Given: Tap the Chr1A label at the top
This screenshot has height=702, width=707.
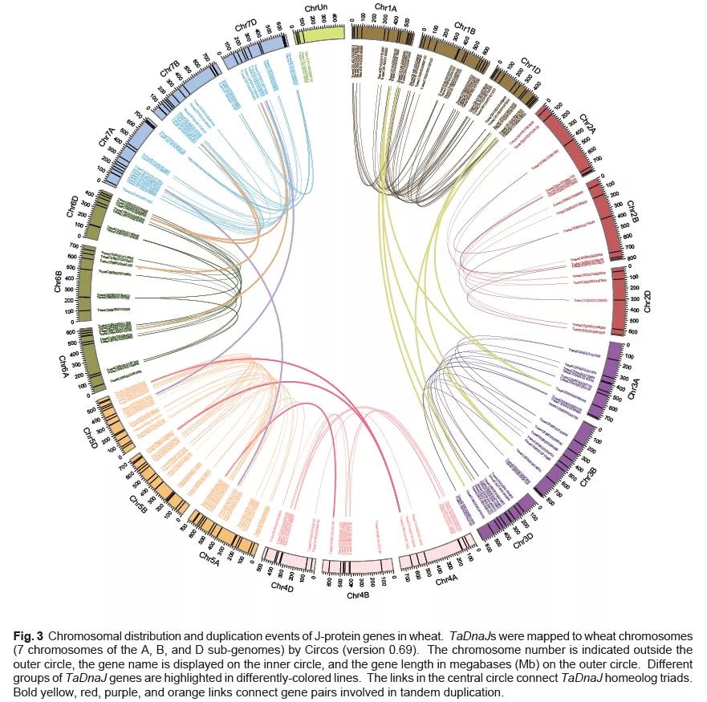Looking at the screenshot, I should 385,8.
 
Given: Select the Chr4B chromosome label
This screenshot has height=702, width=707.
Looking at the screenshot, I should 357,596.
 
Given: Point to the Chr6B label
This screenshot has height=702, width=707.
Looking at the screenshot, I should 58,286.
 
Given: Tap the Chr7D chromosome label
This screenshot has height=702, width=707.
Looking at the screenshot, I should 246,29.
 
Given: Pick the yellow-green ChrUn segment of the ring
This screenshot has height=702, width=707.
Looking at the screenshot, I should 319,34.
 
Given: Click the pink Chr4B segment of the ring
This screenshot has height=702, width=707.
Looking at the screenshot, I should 358,566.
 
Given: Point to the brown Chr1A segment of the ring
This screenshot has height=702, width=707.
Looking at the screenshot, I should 384,34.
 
